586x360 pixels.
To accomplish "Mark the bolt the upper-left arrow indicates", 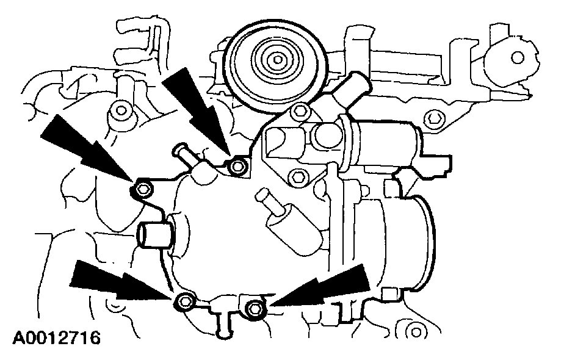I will [142, 189].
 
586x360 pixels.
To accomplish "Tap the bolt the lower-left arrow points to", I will [185, 300].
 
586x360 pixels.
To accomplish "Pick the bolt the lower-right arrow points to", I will [255, 309].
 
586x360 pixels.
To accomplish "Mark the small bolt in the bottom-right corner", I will [417, 333].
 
